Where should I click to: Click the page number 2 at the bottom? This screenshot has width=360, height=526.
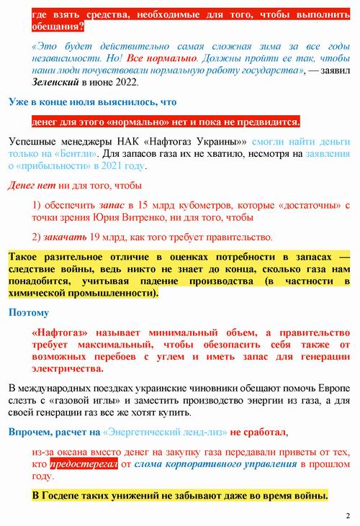click(x=347, y=515)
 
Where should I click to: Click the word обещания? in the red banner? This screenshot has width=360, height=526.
click(x=58, y=27)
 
